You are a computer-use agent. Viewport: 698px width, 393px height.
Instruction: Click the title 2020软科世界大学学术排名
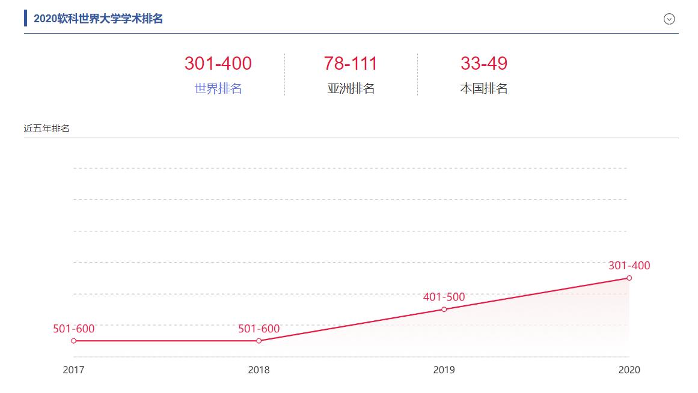coord(98,19)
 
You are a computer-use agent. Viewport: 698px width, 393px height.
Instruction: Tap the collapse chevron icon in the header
coord(669,19)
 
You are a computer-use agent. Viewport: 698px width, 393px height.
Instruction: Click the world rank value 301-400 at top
coord(218,63)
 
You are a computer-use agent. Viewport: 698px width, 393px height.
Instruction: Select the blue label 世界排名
coord(218,89)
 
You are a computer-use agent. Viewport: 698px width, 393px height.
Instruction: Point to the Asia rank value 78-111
coord(351,63)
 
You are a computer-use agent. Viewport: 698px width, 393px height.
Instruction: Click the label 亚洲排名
coord(351,89)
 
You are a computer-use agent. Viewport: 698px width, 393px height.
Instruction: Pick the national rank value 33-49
coord(484,63)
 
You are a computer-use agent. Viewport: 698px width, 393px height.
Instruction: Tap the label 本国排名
coord(484,89)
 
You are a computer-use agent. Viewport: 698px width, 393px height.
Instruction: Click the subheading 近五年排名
coord(46,129)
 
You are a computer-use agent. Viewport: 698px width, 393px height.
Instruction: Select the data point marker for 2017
coord(74,341)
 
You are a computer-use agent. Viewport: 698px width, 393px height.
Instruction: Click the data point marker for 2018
coord(259,341)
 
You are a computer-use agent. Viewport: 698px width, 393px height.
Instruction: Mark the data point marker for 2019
coord(444,309)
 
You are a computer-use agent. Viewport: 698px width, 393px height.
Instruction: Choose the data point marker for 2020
coord(629,278)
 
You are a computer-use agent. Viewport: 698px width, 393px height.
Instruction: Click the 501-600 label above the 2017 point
coord(74,329)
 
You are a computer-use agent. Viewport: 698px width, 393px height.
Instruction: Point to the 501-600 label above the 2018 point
coord(259,329)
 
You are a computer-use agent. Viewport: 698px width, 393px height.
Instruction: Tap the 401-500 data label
coord(444,297)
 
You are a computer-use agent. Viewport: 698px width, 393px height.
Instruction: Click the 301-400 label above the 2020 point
coord(629,266)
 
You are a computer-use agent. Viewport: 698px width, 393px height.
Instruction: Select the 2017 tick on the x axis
coord(74,370)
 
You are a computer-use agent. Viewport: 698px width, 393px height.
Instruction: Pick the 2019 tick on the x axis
coord(444,370)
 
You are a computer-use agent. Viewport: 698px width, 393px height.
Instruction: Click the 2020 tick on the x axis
coord(629,370)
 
